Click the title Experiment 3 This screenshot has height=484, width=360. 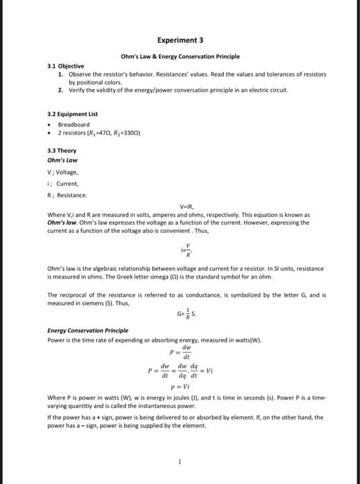tap(180, 41)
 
